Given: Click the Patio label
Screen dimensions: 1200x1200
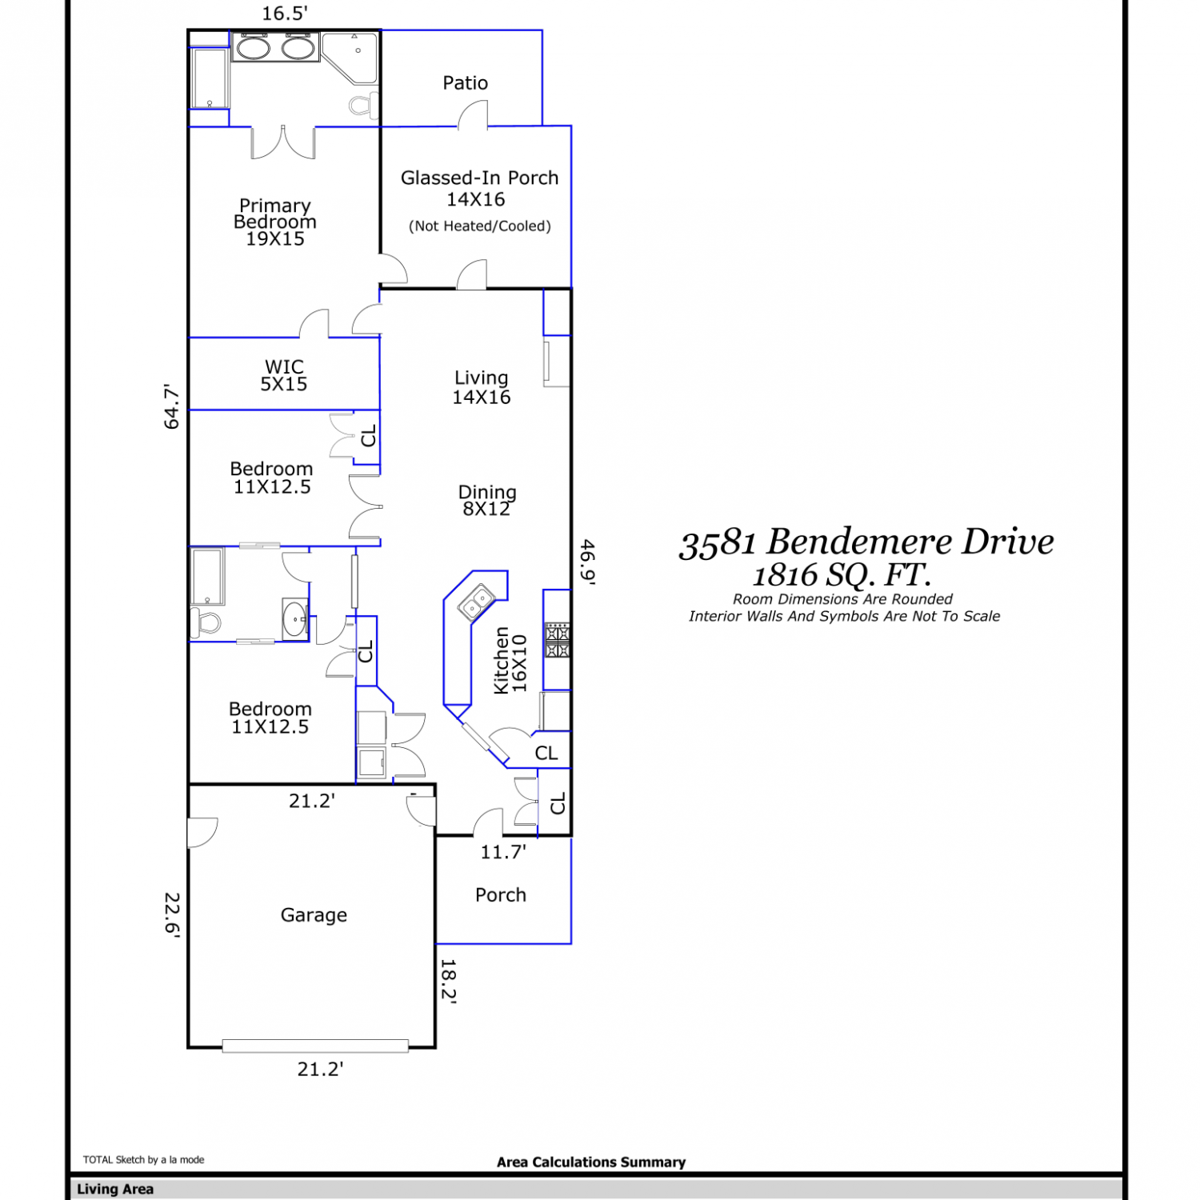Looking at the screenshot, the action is (x=465, y=83).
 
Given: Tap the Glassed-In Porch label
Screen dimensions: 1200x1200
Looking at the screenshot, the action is (x=479, y=178).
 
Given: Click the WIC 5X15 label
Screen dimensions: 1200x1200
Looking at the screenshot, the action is (x=284, y=375).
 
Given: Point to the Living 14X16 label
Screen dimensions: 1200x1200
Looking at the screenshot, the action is (x=482, y=387).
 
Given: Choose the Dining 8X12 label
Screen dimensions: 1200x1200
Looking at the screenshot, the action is (x=487, y=500).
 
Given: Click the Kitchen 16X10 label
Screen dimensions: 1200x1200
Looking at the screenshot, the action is (x=510, y=661).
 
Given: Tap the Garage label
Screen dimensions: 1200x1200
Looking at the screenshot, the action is (x=314, y=915).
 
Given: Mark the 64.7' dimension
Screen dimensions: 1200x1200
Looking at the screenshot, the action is (x=172, y=406).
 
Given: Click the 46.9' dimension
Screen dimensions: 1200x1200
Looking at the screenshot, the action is (x=588, y=562).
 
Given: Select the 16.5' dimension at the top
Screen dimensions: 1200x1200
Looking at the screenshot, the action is (x=285, y=14).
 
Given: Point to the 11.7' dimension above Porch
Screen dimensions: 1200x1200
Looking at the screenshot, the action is (x=503, y=852).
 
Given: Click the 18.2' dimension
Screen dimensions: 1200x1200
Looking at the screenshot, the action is (x=448, y=981).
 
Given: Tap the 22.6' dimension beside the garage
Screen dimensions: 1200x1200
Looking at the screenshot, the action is (x=172, y=914).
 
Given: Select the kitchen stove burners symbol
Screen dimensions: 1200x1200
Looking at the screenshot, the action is (x=558, y=640).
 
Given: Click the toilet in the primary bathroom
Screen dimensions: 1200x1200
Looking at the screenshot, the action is (x=363, y=105).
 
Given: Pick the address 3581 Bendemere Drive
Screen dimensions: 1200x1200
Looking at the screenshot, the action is (x=866, y=542).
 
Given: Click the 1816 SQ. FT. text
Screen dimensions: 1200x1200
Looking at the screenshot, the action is (x=842, y=574).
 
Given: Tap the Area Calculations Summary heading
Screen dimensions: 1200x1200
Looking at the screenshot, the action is (x=591, y=1162).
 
